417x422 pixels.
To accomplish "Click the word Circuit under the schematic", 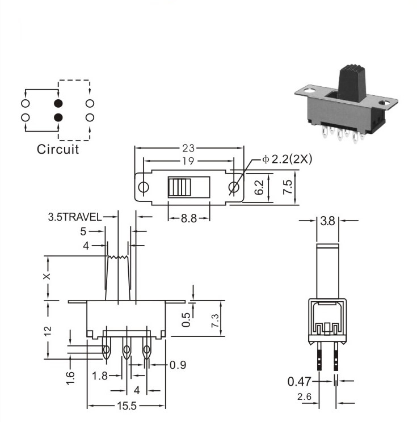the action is [x=58, y=149].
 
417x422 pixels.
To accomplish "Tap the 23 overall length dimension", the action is [x=188, y=148].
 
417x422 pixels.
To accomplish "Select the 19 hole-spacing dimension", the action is [x=188, y=161].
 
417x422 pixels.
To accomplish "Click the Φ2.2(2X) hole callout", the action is [x=287, y=159].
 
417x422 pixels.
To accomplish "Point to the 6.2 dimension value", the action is [x=259, y=187].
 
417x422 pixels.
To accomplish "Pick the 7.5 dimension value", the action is [x=288, y=187].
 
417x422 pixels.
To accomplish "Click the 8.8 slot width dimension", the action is [x=189, y=218].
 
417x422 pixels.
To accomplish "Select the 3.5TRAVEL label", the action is [x=75, y=217].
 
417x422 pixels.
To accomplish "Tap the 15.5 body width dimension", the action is [x=127, y=406].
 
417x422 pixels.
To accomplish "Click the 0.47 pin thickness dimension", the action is [x=300, y=382].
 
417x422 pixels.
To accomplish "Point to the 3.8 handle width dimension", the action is [x=327, y=221].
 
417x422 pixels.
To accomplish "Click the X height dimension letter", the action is [x=47, y=277].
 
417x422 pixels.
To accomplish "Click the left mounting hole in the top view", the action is [x=144, y=187].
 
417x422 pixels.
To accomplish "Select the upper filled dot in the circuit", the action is [x=58, y=103].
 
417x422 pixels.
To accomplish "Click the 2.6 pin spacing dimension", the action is [x=304, y=396].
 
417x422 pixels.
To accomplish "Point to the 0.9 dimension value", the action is [x=178, y=365].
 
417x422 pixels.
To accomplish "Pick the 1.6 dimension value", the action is [x=70, y=378].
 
